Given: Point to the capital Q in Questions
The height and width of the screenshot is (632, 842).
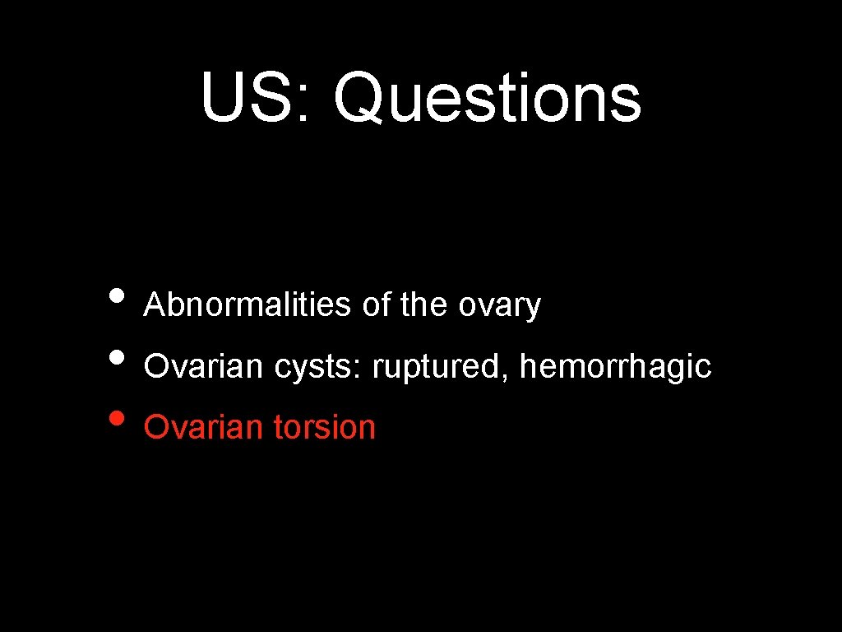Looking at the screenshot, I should pyautogui.click(x=359, y=97).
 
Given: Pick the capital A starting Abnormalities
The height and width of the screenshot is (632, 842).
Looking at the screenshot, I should pyautogui.click(x=154, y=305).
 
